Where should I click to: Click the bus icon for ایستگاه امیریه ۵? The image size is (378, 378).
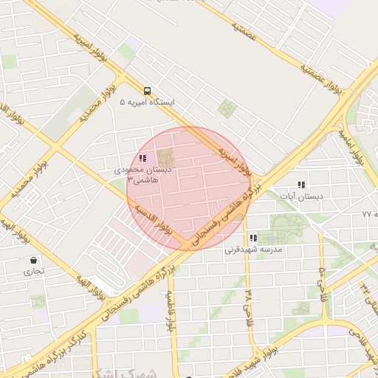[x=148, y=91]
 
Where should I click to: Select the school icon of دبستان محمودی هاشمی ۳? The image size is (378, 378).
[x=142, y=157]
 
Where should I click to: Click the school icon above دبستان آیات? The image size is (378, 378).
[x=301, y=185]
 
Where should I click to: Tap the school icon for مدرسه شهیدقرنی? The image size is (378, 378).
[x=254, y=238]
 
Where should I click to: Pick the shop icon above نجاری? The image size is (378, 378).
[x=34, y=260]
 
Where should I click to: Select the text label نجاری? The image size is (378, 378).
[x=35, y=271]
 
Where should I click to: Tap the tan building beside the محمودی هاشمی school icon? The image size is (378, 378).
[x=165, y=157]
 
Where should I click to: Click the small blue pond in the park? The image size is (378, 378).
[x=271, y=238]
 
